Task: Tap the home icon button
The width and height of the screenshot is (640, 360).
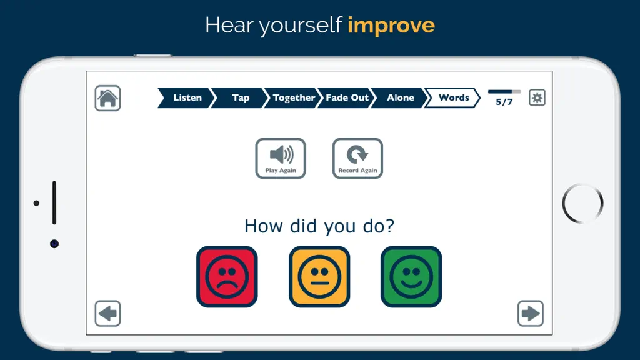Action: click(107, 98)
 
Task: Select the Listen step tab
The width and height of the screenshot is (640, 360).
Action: click(186, 98)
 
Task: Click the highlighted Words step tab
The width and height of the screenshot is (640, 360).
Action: click(453, 98)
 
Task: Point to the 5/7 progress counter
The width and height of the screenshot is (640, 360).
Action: click(504, 102)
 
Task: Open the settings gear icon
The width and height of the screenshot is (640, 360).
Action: click(537, 97)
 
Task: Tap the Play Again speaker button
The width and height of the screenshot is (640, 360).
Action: click(281, 158)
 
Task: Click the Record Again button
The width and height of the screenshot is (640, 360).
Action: click(357, 158)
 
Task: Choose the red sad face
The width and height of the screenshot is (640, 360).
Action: click(227, 277)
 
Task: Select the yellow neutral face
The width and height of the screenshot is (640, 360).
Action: click(319, 277)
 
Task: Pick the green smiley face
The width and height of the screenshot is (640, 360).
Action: click(411, 277)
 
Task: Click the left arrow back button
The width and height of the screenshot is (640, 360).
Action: click(107, 314)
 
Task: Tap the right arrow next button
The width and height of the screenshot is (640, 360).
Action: click(531, 314)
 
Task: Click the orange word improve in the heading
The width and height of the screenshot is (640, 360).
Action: click(391, 25)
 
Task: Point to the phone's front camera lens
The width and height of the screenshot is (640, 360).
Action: click(54, 244)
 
